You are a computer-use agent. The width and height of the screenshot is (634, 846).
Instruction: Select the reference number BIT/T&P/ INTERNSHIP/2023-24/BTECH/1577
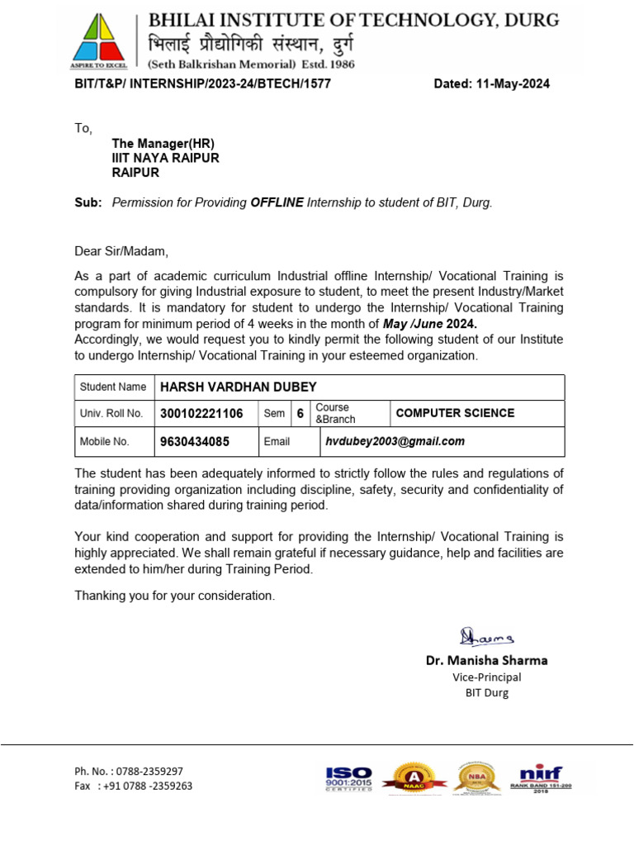point(202,84)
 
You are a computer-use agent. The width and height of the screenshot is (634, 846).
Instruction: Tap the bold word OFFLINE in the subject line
point(277,202)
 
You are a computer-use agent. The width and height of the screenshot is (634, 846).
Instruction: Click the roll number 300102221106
point(201,413)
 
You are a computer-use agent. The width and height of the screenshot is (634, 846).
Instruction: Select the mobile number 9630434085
point(194,441)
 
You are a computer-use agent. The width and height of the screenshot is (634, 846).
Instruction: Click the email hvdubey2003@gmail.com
point(395,441)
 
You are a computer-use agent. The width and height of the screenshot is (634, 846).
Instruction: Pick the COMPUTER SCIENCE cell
point(455,413)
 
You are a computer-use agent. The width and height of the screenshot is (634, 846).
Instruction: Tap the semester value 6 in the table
point(300,413)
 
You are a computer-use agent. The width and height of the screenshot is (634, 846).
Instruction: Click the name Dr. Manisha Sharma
point(486,660)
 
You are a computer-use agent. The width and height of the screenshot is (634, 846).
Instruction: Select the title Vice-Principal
point(486,677)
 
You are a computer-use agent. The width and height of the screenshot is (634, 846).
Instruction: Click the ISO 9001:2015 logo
point(349,779)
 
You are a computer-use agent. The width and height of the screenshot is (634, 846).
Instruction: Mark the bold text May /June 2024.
point(430,324)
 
